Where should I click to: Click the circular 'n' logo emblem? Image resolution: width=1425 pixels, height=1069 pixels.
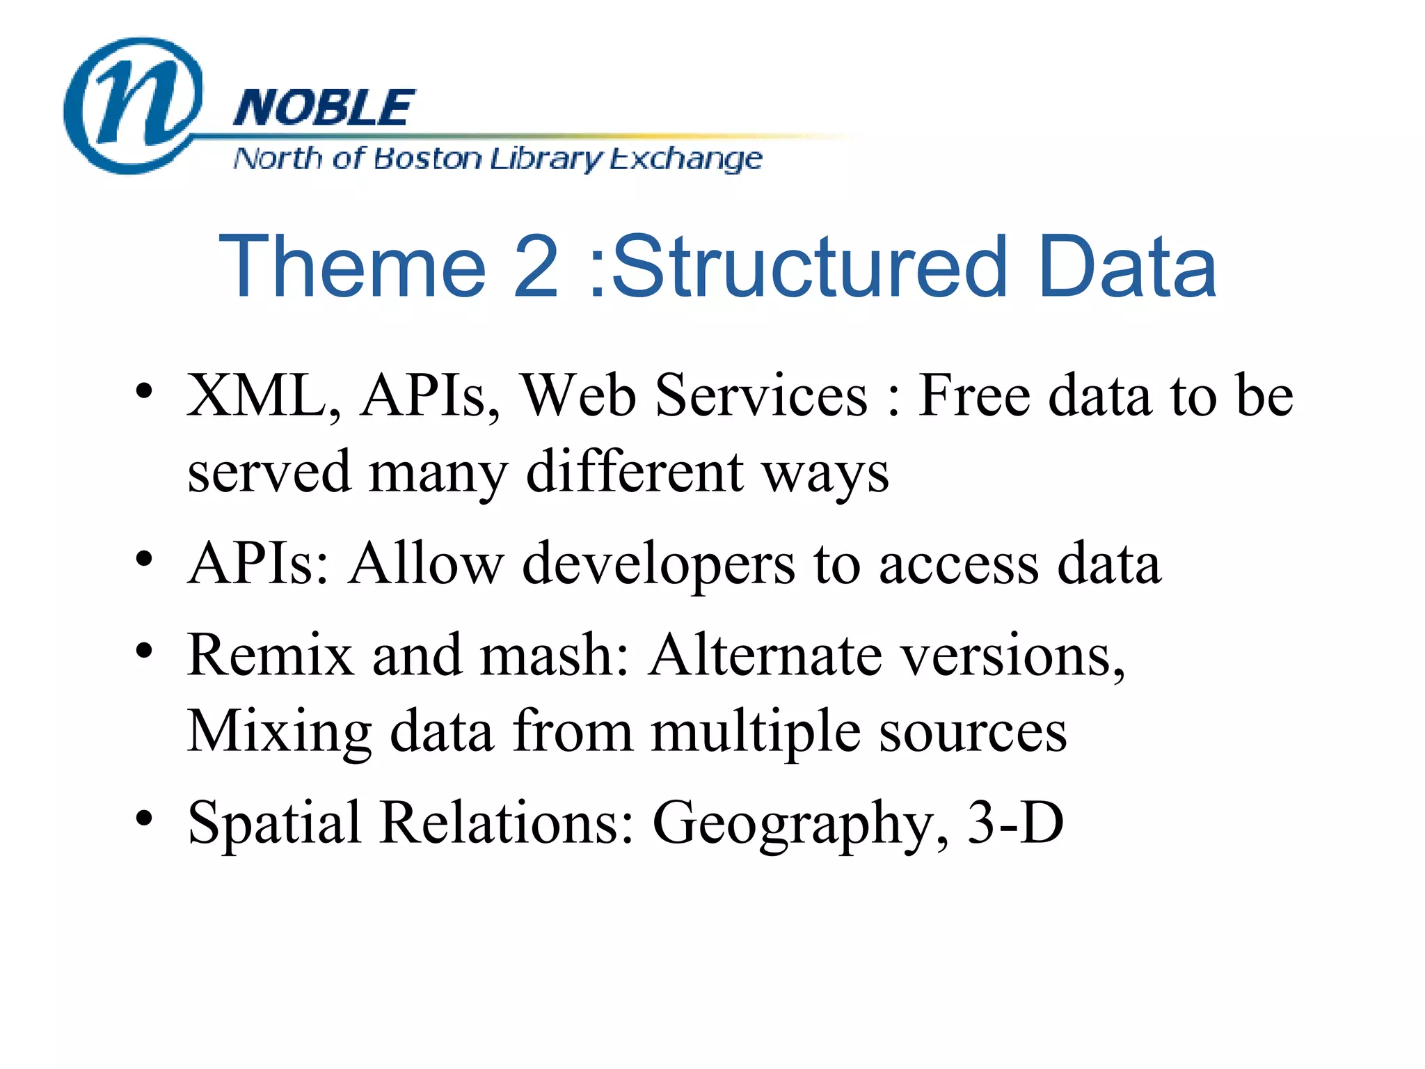(132, 104)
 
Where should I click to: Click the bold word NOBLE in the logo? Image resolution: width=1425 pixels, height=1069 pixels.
(324, 109)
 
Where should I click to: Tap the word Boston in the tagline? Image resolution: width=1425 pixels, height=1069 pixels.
(427, 159)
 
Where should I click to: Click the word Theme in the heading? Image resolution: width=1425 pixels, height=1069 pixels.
(352, 267)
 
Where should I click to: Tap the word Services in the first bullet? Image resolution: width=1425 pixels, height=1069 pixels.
(761, 396)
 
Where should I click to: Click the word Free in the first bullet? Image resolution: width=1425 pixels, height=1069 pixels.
(973, 396)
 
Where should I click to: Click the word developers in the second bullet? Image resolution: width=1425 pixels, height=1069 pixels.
(658, 564)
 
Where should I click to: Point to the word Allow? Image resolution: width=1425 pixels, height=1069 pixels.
(426, 563)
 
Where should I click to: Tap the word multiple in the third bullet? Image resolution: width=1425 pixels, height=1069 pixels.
(756, 732)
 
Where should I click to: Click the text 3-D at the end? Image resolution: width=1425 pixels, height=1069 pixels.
(1015, 823)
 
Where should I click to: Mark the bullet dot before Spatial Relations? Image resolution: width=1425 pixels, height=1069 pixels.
(144, 818)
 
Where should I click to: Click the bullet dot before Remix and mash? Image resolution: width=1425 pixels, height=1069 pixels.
(144, 651)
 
